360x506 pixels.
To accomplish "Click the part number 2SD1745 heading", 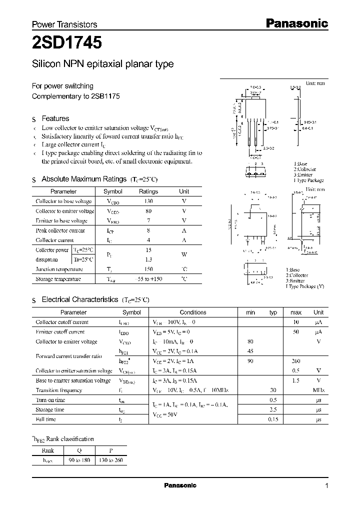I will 67,43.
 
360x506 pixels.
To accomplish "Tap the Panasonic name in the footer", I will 180,485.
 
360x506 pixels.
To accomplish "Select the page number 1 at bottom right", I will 326,485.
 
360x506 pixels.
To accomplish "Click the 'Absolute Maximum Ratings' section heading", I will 83,179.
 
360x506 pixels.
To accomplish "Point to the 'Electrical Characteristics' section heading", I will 79,299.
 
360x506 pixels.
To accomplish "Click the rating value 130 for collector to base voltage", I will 148,201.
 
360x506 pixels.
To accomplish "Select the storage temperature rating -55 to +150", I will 148,279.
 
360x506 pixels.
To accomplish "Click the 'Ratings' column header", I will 148,191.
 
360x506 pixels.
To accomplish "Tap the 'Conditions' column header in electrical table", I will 193,312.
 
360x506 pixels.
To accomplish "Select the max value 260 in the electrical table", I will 295,361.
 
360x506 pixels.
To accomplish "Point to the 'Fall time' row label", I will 46,419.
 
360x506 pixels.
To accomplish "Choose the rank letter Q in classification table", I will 78,449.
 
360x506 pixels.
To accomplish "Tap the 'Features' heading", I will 55,118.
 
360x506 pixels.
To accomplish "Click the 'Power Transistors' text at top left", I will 64,24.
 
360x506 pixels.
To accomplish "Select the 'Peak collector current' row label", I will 60,230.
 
